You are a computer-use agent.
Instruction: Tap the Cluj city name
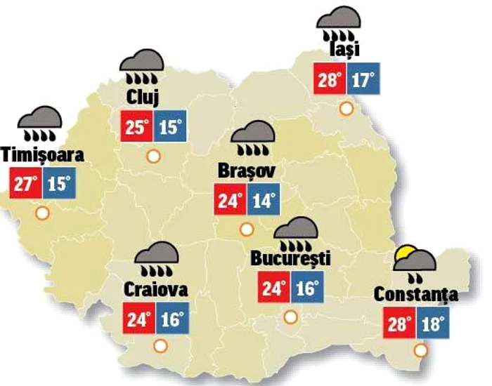[143, 94]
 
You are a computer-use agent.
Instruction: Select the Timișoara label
[43, 154]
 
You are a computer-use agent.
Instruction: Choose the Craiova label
[155, 288]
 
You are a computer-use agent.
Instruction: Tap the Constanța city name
[416, 293]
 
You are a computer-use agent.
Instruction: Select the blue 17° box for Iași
[362, 79]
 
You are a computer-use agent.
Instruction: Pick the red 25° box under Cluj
[136, 127]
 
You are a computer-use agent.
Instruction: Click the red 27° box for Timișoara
[26, 186]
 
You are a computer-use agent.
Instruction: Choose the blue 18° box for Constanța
[431, 324]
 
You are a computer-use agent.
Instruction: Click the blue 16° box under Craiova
[171, 319]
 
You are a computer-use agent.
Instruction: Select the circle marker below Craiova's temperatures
[160, 345]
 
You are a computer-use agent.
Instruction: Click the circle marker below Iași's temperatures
[346, 108]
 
